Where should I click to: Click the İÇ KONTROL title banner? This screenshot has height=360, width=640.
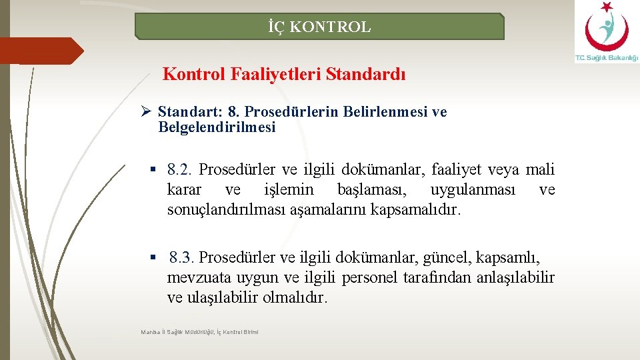(319, 27)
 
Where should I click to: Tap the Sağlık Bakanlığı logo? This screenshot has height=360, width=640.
(606, 32)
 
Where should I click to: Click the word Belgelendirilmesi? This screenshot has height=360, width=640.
(217, 127)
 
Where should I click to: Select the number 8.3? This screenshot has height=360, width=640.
(182, 257)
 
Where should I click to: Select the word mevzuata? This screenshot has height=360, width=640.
(195, 277)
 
